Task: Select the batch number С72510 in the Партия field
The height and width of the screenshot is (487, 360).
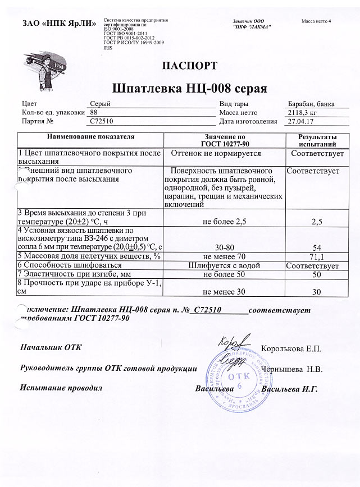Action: click(102, 121)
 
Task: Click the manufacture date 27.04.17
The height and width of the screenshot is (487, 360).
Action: click(300, 121)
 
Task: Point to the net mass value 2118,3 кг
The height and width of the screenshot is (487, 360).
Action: click(301, 112)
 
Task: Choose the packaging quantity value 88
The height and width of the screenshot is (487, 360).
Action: click(94, 112)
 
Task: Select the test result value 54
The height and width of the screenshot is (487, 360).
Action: click(316, 247)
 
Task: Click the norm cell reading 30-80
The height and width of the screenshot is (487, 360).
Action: click(225, 247)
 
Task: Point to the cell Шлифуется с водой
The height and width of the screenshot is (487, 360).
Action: click(225, 265)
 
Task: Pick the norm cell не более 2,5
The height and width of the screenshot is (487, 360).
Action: click(225, 222)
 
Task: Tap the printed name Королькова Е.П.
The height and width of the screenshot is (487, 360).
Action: click(291, 349)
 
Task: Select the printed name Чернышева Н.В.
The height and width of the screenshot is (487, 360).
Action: click(290, 370)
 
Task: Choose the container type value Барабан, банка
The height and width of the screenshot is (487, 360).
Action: click(313, 104)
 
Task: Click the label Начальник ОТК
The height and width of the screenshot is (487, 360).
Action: click(51, 348)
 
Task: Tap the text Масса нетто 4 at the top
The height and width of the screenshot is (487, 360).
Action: click(317, 21)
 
